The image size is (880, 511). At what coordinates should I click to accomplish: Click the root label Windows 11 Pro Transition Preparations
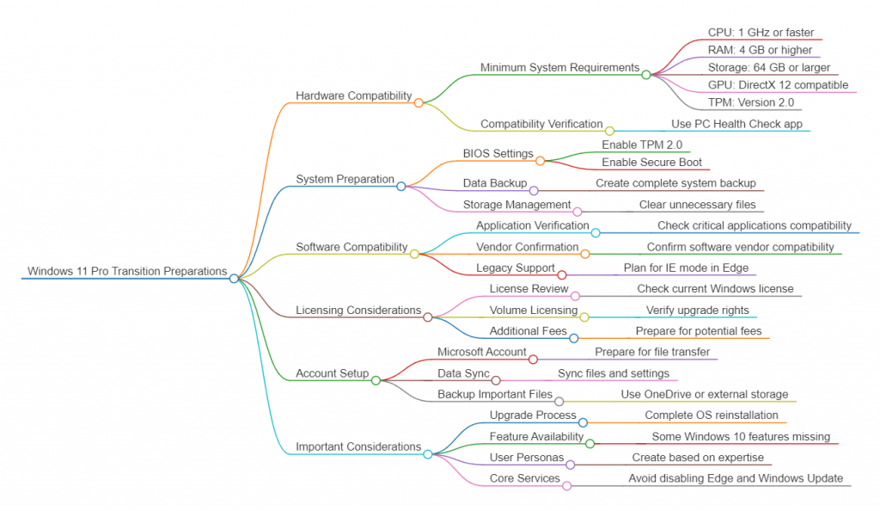coord(127,271)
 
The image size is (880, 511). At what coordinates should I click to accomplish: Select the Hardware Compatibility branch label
coord(353,95)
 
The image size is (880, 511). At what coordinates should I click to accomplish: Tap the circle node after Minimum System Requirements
coord(646,75)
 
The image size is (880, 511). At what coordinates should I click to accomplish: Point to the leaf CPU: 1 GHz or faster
coord(761,33)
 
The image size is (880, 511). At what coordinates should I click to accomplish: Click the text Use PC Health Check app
coord(736,124)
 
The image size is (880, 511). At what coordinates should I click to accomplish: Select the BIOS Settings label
coord(498,153)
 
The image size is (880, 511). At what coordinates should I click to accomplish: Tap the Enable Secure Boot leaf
coord(651,162)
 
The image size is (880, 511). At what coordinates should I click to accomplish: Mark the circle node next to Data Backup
coord(534,190)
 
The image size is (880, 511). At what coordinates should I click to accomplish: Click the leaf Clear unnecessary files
coord(697,205)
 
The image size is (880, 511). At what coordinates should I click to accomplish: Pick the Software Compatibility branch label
coord(351,247)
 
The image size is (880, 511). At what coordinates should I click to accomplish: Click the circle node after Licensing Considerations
coord(427,317)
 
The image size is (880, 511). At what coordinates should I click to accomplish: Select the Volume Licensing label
coord(533,310)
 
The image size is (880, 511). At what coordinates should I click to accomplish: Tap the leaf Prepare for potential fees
coord(698,331)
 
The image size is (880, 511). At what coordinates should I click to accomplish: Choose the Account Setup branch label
coord(332,373)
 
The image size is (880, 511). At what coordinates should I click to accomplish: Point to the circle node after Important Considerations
coord(427,453)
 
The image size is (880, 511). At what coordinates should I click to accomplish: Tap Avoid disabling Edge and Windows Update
coord(735,478)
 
